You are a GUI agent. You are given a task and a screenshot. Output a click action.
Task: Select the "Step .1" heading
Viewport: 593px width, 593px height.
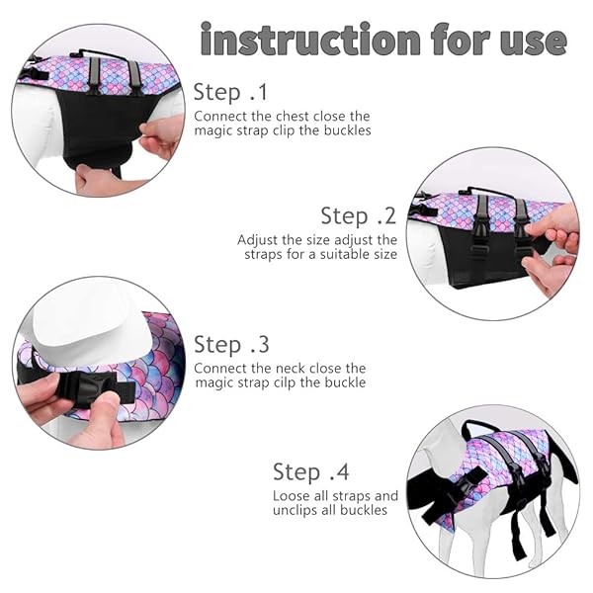click(x=230, y=93)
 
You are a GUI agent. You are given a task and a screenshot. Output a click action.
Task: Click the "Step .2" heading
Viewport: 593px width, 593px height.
click(x=358, y=215)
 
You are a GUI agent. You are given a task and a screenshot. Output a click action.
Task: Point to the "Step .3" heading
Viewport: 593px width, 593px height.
click(x=230, y=345)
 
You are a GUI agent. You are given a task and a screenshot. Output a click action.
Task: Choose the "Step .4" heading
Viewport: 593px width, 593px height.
click(x=310, y=471)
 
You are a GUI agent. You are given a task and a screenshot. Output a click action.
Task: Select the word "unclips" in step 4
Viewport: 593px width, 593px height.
click(x=297, y=510)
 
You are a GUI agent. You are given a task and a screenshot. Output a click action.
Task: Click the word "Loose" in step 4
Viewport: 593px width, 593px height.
click(x=292, y=495)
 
